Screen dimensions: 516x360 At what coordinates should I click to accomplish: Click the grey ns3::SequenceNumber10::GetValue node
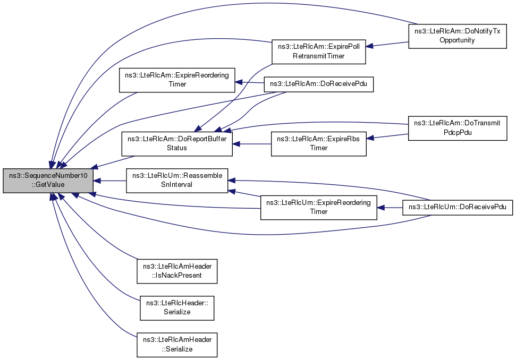click(x=48, y=181)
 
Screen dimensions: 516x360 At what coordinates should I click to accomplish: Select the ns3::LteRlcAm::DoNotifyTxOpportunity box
click(x=458, y=36)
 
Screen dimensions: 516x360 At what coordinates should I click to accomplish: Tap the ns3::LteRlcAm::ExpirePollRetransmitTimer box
click(x=318, y=52)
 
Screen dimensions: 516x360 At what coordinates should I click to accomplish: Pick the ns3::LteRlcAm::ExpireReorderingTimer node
click(x=177, y=80)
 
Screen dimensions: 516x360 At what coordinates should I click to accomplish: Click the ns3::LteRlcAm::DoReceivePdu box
click(x=319, y=84)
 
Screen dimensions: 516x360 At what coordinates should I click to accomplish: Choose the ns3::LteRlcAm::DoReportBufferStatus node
click(x=177, y=144)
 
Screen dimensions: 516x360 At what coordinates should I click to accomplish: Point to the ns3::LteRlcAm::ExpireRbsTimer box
click(x=318, y=144)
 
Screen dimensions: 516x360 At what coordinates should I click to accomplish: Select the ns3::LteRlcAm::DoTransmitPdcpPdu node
click(x=458, y=128)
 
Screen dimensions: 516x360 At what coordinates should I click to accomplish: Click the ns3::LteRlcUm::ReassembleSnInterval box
click(x=177, y=181)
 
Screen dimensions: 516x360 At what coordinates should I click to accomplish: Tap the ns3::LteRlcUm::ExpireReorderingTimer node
click(x=318, y=208)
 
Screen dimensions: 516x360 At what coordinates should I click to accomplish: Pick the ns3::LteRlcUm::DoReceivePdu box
click(x=458, y=207)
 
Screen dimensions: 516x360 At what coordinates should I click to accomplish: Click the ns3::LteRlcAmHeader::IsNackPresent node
click(x=177, y=271)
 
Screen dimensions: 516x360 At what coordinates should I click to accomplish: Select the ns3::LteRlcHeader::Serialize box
click(x=177, y=308)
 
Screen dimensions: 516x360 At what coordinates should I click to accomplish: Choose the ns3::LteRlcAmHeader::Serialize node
click(x=177, y=345)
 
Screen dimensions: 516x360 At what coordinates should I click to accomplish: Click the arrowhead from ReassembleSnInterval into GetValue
click(x=97, y=181)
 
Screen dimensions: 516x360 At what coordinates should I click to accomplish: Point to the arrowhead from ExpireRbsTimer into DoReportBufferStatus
click(x=236, y=144)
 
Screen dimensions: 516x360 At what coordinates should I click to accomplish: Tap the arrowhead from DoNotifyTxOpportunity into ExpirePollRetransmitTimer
click(x=369, y=46)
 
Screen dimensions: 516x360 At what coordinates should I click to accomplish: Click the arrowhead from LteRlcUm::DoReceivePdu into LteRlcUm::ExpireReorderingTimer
click(x=380, y=208)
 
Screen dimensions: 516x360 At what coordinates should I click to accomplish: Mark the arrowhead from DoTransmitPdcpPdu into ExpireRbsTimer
click(x=370, y=138)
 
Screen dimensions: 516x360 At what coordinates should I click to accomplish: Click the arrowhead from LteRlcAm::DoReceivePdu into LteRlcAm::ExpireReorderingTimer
click(x=239, y=82)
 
